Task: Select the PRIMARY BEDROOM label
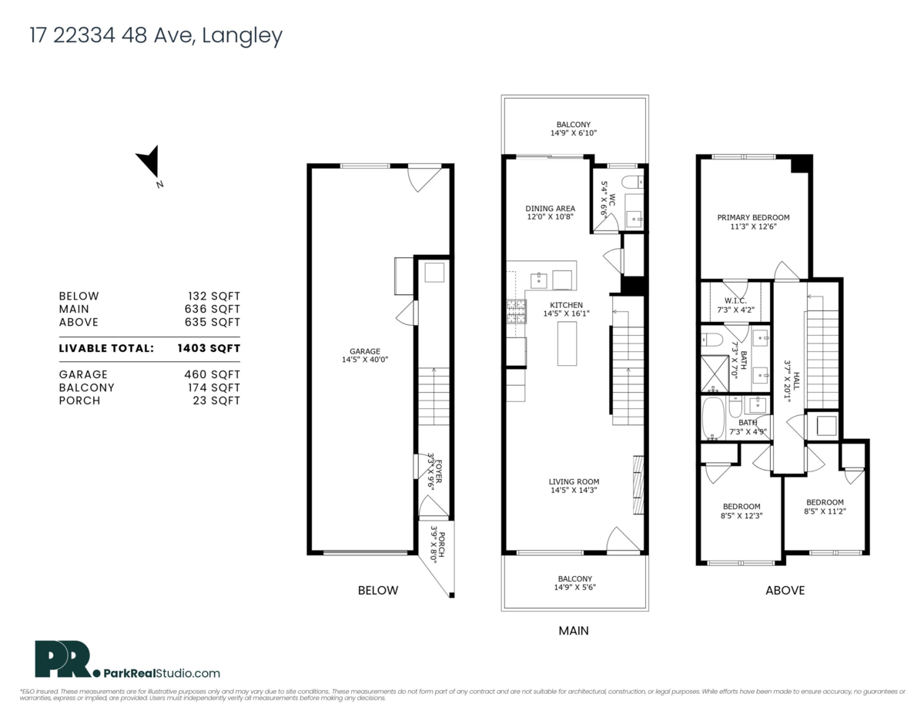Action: pos(753,218)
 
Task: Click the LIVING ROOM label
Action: pos(574,481)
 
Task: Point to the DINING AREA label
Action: pos(550,208)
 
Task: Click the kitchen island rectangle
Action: pos(567,344)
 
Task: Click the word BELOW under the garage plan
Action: pos(378,591)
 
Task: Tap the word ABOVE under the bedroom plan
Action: pos(785,591)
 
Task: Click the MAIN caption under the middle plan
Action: pos(574,631)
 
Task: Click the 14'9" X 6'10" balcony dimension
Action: pos(574,133)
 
